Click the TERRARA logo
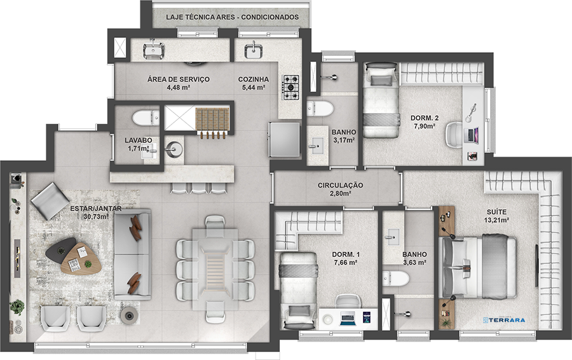tap(504, 320)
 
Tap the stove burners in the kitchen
tap(291, 88)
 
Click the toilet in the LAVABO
tap(146, 118)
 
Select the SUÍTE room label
tap(496, 212)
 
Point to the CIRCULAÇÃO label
tap(341, 185)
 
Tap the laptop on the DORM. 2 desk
tap(472, 135)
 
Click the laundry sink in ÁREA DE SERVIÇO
tap(154, 51)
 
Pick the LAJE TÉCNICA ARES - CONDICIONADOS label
tap(233, 17)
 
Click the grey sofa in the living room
tap(132, 254)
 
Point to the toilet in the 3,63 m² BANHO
tap(396, 279)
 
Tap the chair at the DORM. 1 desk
tap(348, 301)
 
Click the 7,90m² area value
tap(425, 127)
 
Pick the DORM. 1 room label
tap(346, 254)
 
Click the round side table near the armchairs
tap(129, 314)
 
